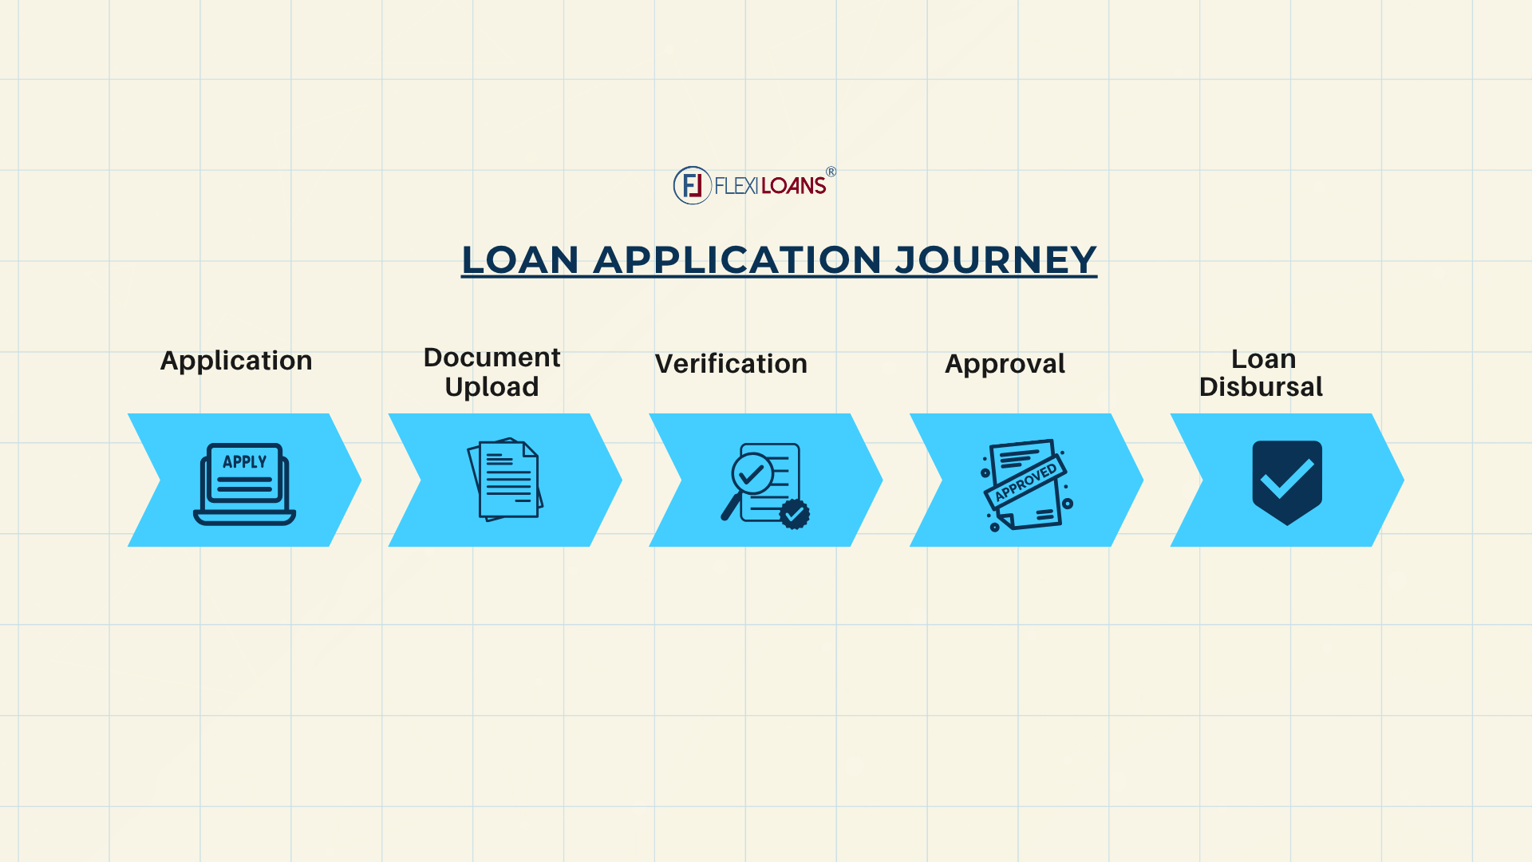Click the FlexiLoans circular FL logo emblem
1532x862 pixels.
[x=692, y=185]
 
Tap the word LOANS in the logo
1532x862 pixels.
[x=793, y=186]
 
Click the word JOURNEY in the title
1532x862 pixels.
[x=996, y=260]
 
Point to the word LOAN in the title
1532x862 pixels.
[x=520, y=260]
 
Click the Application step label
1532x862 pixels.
[x=236, y=361]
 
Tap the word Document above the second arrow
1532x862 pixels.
[x=492, y=357]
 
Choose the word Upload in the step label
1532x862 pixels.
[x=492, y=387]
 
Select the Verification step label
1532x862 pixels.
[x=731, y=364]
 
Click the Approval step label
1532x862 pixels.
[x=1005, y=364]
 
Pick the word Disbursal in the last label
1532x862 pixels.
[x=1261, y=387]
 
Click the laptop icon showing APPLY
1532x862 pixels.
[x=244, y=484]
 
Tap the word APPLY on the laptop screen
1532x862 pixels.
[x=244, y=462]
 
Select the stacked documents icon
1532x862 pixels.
[x=505, y=480]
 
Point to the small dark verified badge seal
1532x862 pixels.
[x=794, y=514]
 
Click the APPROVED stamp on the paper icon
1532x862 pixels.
[x=1026, y=482]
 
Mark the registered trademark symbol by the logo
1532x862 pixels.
[x=831, y=172]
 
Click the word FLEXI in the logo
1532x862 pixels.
[x=736, y=186]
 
